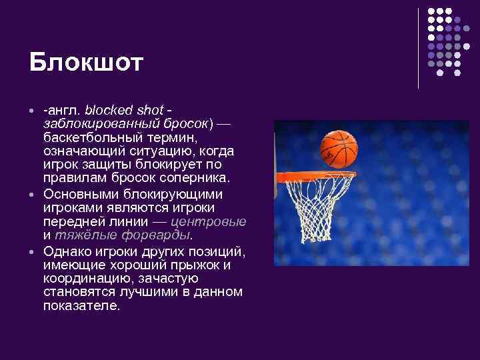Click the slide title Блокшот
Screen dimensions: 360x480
click(x=86, y=63)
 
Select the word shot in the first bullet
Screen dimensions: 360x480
click(x=149, y=109)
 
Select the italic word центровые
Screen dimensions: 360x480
click(x=209, y=222)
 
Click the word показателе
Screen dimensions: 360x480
click(x=81, y=307)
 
